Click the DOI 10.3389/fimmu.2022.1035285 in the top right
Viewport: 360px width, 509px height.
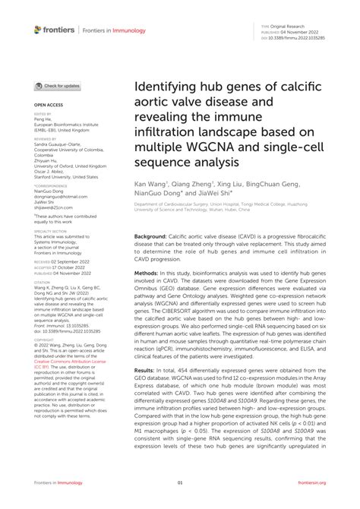(305, 37)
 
